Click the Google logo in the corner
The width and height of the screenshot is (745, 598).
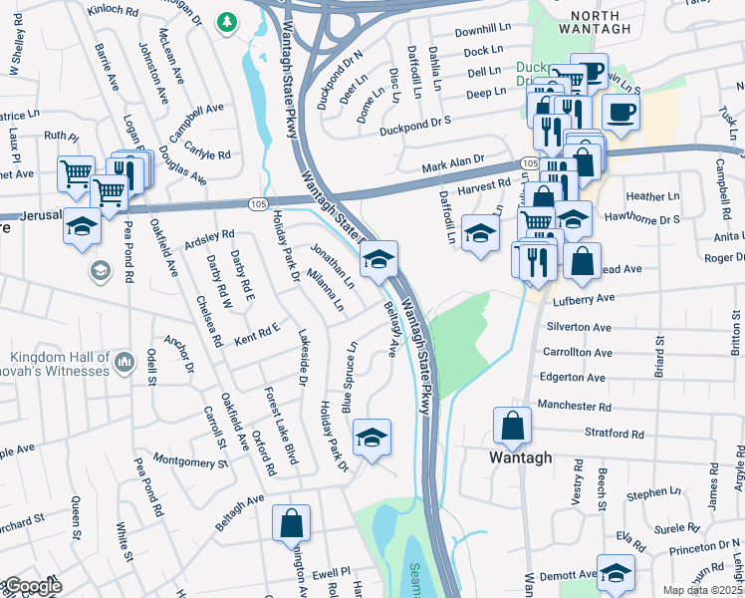tap(32, 586)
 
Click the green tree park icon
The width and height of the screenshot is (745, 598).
tap(229, 21)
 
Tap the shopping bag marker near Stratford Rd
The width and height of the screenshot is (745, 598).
tap(512, 427)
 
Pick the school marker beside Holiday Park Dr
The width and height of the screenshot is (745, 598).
tap(372, 438)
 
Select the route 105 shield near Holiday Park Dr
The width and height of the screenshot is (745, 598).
tap(257, 203)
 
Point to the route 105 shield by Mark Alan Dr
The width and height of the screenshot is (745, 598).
tap(529, 162)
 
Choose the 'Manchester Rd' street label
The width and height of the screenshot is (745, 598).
tap(573, 406)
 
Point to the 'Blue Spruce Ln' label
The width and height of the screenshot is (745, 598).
tap(349, 378)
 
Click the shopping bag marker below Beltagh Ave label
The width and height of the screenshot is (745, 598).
tap(291, 523)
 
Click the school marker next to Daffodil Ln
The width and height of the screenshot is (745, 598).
tap(480, 234)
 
